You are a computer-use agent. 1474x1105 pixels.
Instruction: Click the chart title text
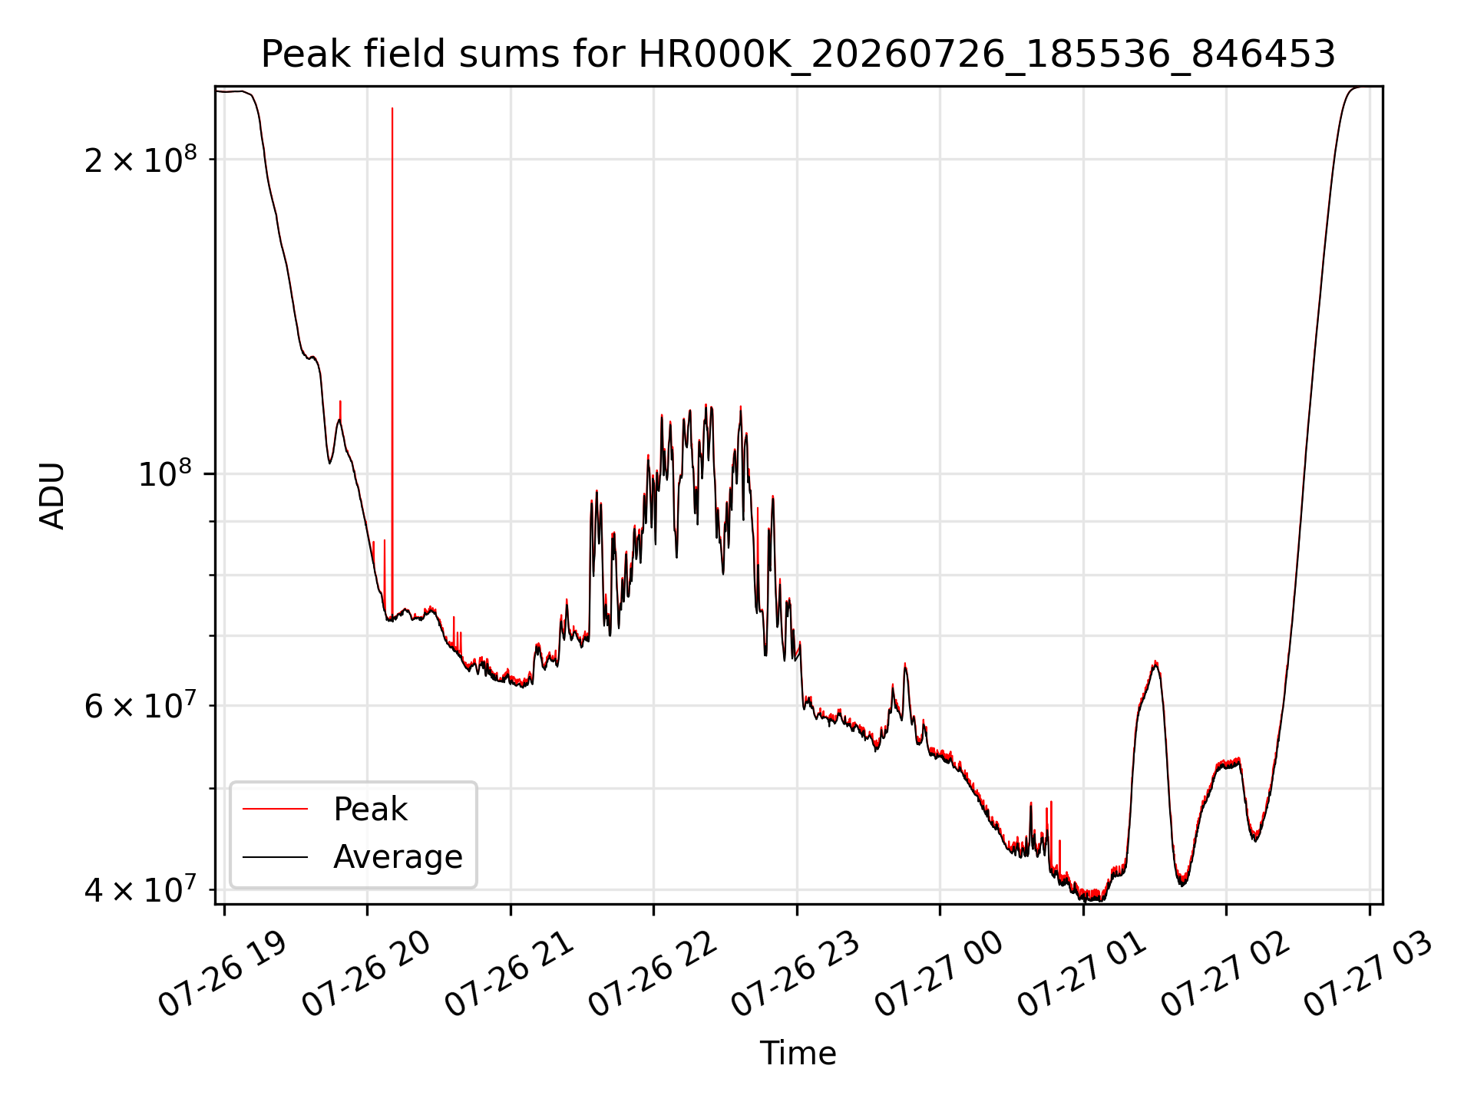point(798,54)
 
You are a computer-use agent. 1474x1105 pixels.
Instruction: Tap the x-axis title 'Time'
point(798,1053)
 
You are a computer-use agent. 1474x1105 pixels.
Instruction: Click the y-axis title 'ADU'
point(52,495)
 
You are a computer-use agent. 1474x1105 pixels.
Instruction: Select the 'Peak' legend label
point(370,809)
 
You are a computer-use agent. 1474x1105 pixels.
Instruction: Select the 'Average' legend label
point(398,856)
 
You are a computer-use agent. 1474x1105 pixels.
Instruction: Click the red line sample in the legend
point(275,809)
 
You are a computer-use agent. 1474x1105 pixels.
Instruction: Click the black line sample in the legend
point(275,856)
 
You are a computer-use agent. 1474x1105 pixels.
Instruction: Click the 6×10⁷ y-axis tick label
point(140,704)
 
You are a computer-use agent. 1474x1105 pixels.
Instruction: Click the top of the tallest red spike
point(392,108)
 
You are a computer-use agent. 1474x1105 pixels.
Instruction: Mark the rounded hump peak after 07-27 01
point(1155,662)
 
